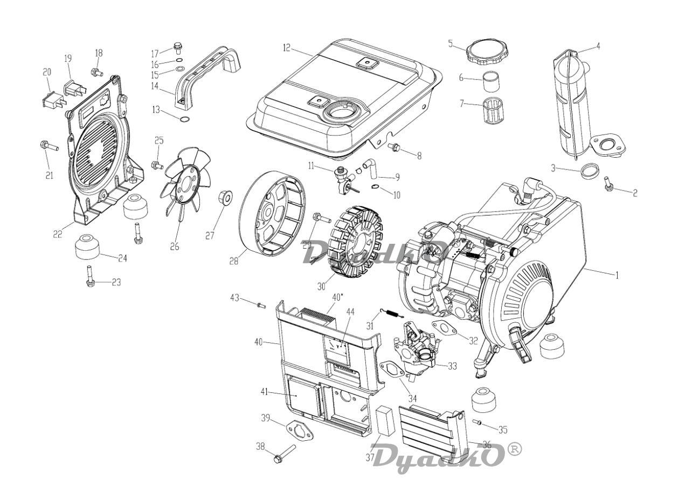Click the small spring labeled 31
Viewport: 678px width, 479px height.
391,313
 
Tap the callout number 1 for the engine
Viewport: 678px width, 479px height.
617,275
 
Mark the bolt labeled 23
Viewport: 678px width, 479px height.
89,276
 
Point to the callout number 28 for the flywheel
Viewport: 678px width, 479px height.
233,261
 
